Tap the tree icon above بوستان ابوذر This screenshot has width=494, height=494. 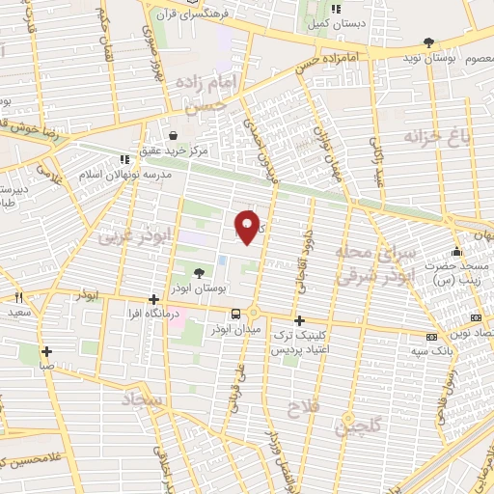pos(199,273)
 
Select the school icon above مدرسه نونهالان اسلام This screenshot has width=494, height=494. pos(123,160)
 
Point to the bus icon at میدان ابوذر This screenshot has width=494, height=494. pos(235,314)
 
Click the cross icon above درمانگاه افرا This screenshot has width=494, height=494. pos(154,299)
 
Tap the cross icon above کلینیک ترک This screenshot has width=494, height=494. pos(299,320)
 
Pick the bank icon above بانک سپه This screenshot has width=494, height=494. pos(431,337)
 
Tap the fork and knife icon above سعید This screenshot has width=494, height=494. pos(18,298)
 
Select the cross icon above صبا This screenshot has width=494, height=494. pos(45,351)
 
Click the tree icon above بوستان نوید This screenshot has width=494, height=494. pos(428,41)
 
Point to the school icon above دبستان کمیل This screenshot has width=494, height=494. pos(335,10)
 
